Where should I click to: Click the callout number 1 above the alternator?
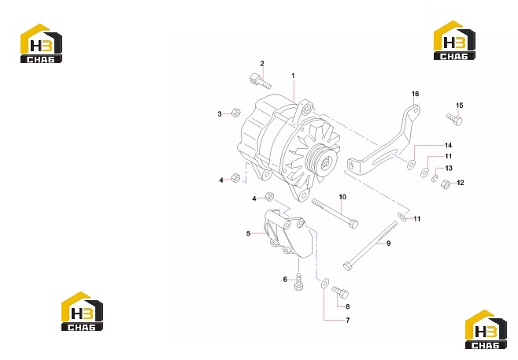(293, 76)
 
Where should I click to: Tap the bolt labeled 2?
(260, 80)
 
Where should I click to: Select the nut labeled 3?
(236, 113)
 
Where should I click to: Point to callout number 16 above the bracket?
(415, 94)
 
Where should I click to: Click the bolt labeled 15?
(454, 119)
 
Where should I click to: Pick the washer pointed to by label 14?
(411, 165)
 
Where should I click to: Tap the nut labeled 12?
(446, 184)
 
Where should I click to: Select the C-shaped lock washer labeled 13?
(435, 179)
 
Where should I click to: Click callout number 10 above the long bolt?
(342, 197)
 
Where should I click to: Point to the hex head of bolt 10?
(353, 225)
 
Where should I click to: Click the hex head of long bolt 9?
(347, 265)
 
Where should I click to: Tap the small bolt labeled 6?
(299, 282)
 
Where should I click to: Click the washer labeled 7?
(325, 283)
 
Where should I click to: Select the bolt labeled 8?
(340, 292)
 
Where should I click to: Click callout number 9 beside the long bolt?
(389, 243)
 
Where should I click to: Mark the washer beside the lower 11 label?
(402, 217)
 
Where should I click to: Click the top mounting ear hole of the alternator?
(308, 108)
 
